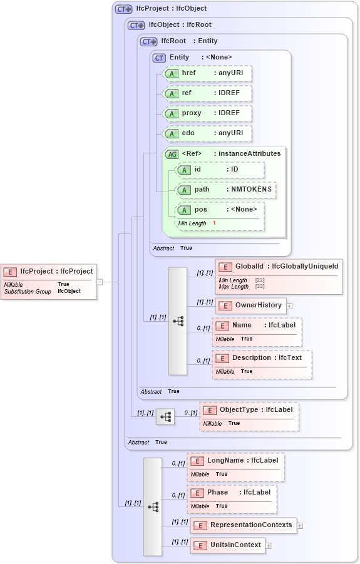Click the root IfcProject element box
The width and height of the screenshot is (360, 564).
pyautogui.click(x=49, y=281)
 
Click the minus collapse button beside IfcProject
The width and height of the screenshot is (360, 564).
pyautogui.click(x=100, y=282)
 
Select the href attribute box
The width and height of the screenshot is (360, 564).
pyautogui.click(x=207, y=74)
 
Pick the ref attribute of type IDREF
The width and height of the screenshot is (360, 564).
pyautogui.click(x=207, y=94)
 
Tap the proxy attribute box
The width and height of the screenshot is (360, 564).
pyautogui.click(x=207, y=114)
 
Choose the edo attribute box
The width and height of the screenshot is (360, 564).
pyautogui.click(x=207, y=134)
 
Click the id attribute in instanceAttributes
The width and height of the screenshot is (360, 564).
pyautogui.click(x=220, y=170)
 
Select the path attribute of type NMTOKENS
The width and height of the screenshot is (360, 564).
pyautogui.click(x=225, y=190)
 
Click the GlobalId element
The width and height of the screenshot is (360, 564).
pyautogui.click(x=279, y=275)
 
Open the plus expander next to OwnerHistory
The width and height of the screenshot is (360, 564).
pyautogui.click(x=290, y=306)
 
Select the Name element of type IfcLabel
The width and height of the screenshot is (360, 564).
pyautogui.click(x=257, y=332)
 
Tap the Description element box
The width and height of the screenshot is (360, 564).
pyautogui.click(x=262, y=364)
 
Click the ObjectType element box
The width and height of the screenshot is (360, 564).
pyautogui.click(x=249, y=416)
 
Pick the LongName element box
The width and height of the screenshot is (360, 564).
pyautogui.click(x=236, y=467)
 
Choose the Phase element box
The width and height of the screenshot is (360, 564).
pyautogui.click(x=232, y=498)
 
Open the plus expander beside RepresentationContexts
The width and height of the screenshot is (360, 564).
pyautogui.click(x=300, y=525)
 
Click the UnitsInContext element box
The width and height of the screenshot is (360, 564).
pyautogui.click(x=228, y=545)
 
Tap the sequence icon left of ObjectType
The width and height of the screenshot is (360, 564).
pyautogui.click(x=165, y=417)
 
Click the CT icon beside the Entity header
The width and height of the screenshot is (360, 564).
pyautogui.click(x=159, y=58)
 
